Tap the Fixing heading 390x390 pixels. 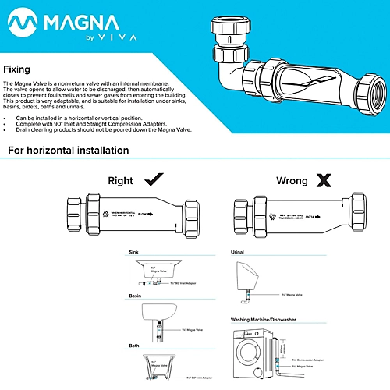[x=17, y=69]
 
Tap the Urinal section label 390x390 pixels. [x=239, y=253]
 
